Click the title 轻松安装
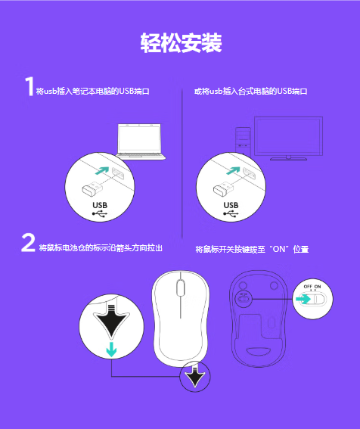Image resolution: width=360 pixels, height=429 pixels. coord(181,43)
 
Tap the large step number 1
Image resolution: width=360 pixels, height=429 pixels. coord(29,86)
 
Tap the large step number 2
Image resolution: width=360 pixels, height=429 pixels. coord(28,242)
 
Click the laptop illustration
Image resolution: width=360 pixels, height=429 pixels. coord(141,141)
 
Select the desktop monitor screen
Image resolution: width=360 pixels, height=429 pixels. coord(288,135)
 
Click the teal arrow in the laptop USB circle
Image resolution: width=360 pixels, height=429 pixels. coord(102,170)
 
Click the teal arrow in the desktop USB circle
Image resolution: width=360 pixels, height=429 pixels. coord(233,170)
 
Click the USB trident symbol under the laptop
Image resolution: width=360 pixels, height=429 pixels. coord(100,214)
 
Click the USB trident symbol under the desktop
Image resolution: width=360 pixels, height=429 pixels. coord(231,214)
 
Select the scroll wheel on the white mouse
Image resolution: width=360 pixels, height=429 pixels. coord(180,288)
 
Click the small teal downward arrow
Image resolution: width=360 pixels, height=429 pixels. coord(111,349)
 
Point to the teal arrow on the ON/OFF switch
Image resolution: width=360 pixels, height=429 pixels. coord(303,299)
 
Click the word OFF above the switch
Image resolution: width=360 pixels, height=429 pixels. coord(308,287)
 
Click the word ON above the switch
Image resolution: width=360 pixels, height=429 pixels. coord(318,287)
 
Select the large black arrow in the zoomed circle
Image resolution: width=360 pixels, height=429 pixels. coord(111,321)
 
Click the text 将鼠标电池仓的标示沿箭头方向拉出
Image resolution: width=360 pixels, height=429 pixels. coord(101,248)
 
